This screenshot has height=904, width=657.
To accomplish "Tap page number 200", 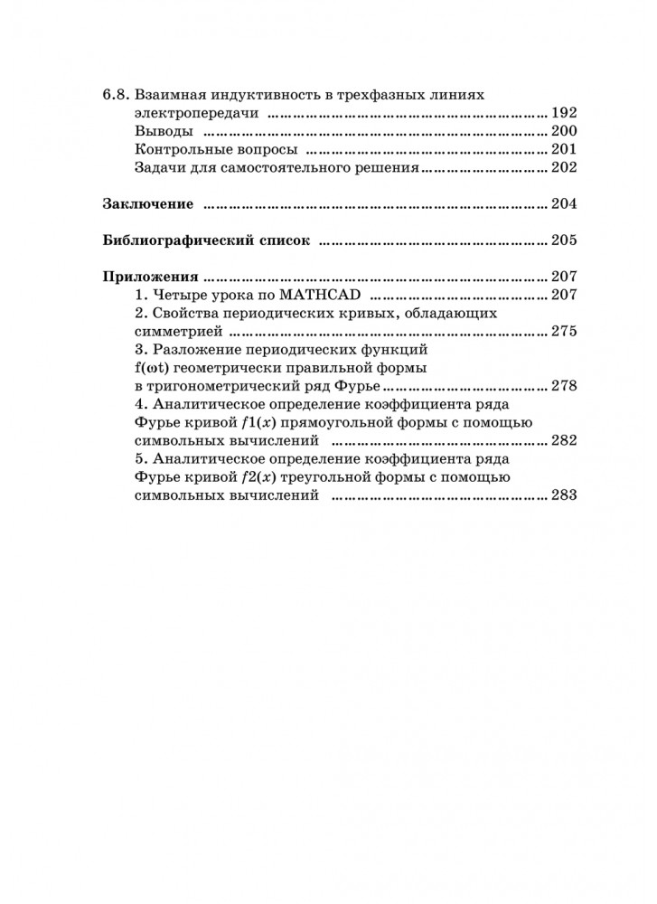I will [x=563, y=132].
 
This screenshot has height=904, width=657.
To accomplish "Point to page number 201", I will [x=563, y=150].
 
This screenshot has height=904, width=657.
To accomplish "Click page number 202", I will [x=563, y=167].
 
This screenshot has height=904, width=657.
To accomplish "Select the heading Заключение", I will [x=147, y=204].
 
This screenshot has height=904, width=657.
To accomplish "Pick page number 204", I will [x=563, y=204].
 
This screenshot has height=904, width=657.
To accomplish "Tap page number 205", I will [x=563, y=241].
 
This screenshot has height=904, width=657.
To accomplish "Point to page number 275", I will [x=563, y=332].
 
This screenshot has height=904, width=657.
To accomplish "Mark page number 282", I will [x=563, y=441].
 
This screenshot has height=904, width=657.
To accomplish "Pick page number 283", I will [x=563, y=496].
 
